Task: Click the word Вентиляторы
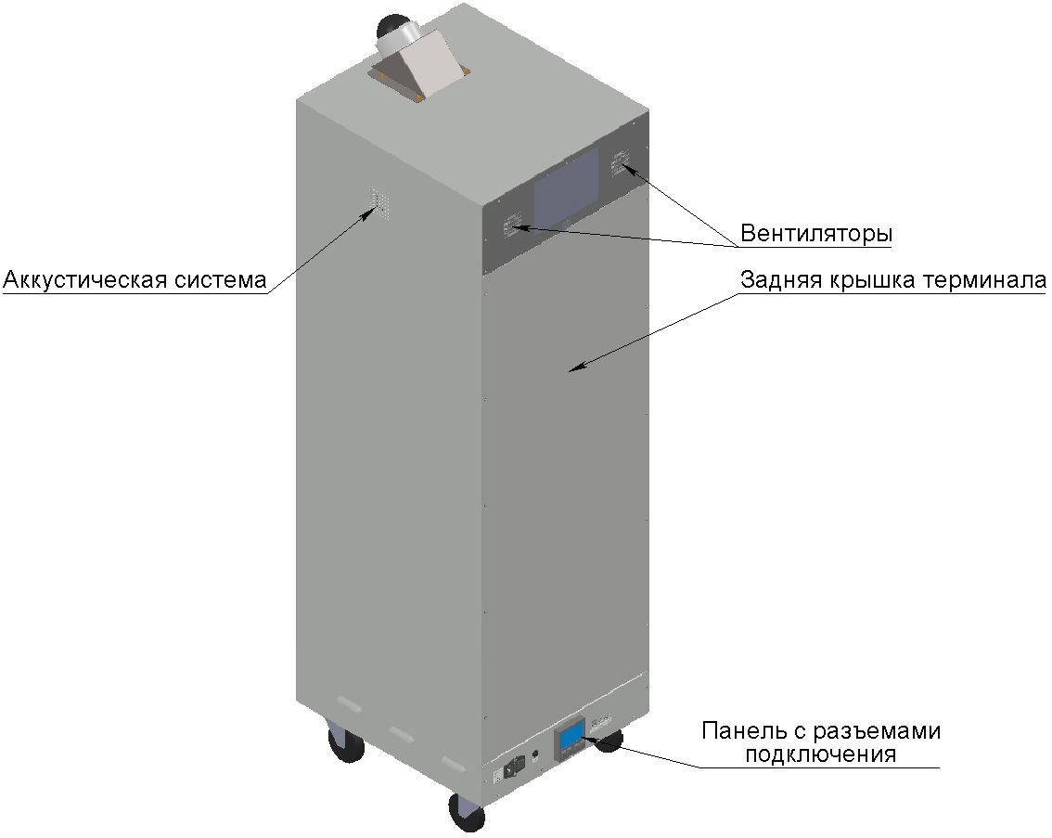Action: tap(816, 234)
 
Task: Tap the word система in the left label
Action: tap(221, 279)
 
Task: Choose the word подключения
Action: tap(820, 754)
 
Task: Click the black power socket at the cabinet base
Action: tap(514, 766)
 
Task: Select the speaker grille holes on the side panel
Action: tap(378, 202)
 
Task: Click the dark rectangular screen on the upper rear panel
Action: tap(566, 187)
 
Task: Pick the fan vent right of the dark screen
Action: tap(619, 163)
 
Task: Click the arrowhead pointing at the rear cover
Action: tap(576, 367)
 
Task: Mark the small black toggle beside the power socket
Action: tap(534, 754)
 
